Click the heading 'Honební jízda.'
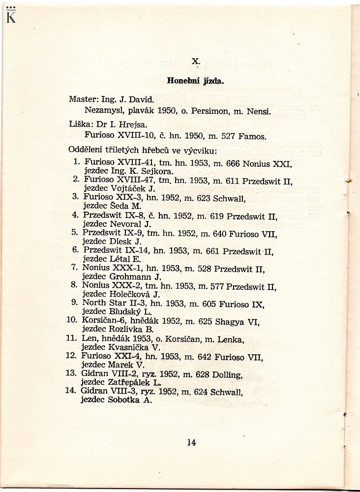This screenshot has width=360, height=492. point(196,81)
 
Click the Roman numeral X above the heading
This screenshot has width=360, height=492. point(195,61)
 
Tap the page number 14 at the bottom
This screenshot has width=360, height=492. point(191,442)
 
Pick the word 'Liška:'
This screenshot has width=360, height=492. point(80,124)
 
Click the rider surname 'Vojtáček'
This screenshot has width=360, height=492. point(129,188)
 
